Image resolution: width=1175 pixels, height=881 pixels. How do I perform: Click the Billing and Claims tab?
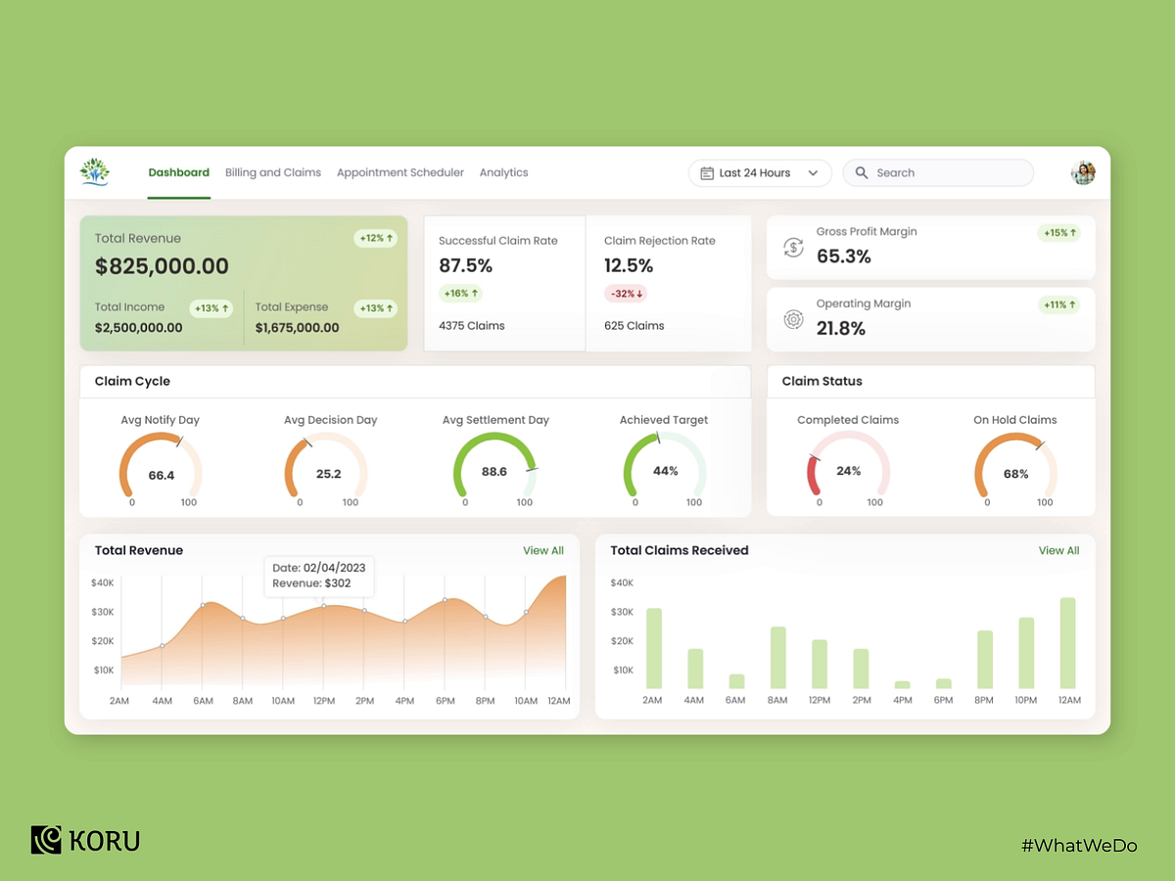[273, 172]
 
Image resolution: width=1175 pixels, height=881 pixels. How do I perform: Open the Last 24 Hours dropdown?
[760, 173]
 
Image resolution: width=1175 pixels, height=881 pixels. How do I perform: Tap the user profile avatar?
[1083, 172]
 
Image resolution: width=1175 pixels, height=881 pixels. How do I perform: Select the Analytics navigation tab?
[503, 172]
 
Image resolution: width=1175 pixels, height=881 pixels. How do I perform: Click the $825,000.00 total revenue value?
[162, 266]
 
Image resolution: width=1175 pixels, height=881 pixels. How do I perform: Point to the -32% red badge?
[626, 293]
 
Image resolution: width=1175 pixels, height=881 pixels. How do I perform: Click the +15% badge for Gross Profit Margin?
[1059, 233]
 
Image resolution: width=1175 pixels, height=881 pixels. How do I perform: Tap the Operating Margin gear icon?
[793, 319]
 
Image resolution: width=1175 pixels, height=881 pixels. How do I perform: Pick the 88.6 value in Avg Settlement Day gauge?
[494, 472]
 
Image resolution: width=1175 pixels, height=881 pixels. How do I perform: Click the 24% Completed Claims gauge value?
[849, 471]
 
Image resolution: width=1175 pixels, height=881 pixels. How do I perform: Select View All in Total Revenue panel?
[543, 551]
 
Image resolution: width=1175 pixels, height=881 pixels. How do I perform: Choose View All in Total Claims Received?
[1058, 551]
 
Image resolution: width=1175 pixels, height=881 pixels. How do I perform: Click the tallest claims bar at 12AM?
[1068, 642]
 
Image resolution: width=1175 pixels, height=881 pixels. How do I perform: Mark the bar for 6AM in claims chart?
[736, 681]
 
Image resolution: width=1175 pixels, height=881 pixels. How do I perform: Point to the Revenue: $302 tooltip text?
[311, 583]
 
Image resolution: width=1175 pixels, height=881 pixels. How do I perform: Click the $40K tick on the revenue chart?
[102, 582]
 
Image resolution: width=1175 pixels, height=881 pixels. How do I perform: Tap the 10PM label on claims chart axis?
[1027, 701]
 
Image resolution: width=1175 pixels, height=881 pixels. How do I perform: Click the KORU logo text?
[105, 841]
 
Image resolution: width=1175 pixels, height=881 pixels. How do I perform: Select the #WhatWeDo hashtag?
[1079, 845]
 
